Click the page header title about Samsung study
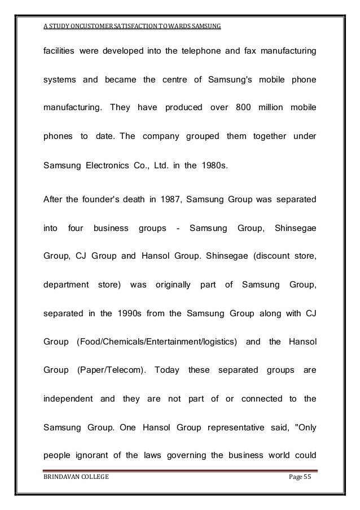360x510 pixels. pyautogui.click(x=132, y=27)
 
